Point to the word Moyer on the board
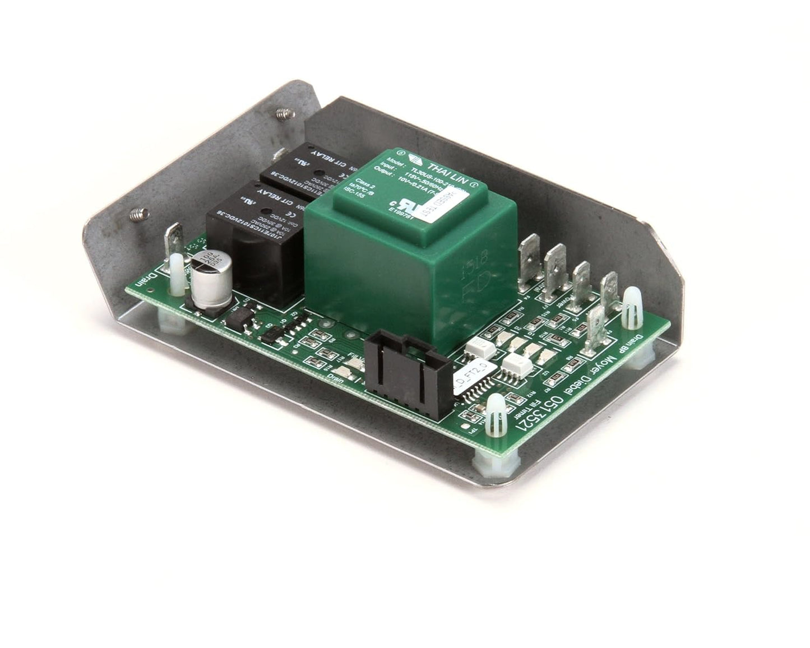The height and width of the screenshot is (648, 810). pos(603,375)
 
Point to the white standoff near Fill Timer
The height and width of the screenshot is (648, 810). pos(497,417)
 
